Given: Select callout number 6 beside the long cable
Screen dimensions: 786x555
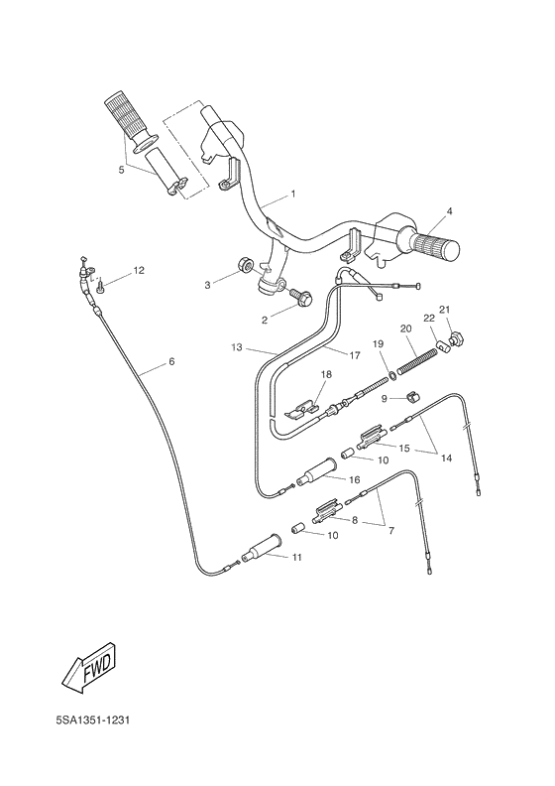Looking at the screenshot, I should pyautogui.click(x=170, y=361).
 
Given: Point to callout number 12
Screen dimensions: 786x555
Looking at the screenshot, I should pyautogui.click(x=138, y=270).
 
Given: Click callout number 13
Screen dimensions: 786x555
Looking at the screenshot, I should pyautogui.click(x=236, y=347).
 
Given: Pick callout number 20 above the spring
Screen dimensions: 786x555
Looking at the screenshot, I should pyautogui.click(x=406, y=328).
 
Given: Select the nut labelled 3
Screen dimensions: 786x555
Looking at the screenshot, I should pyautogui.click(x=244, y=268).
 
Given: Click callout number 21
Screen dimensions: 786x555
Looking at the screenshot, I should pyautogui.click(x=445, y=309).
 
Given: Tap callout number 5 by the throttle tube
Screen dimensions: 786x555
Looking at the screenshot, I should pyautogui.click(x=121, y=170).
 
